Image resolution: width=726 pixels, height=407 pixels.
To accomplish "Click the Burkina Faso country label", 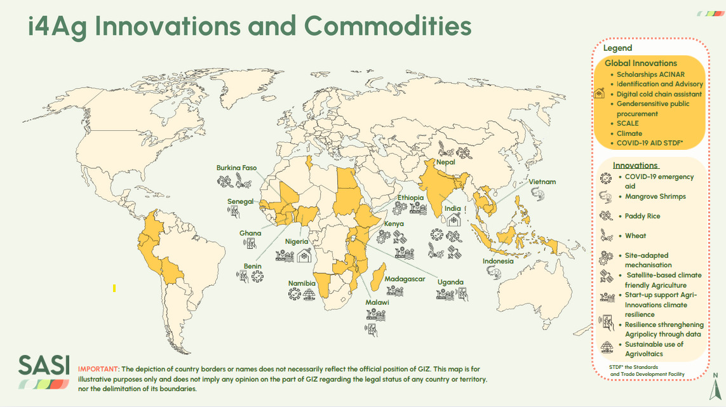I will coord(236,168).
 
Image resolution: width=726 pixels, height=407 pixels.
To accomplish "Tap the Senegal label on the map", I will coord(241,202).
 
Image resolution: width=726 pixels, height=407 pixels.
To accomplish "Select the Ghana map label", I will coord(250,233).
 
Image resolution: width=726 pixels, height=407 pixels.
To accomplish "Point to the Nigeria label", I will coord(297,241).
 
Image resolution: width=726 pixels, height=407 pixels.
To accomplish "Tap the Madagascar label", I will coord(405,279).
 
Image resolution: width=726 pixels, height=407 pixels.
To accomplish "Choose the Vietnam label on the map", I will coord(542,182).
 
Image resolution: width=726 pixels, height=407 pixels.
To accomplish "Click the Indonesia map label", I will coord(498,261).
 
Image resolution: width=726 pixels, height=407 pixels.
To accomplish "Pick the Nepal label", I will coord(445,162).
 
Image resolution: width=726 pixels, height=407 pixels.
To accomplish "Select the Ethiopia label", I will coord(410,197).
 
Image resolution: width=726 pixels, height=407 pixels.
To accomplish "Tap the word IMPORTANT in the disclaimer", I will coord(98,369).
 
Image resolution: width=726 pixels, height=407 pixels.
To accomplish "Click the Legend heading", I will coord(617,48).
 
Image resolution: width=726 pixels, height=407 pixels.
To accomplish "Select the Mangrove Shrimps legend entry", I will coord(655,197).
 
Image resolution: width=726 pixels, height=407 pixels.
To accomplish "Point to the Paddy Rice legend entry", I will coord(643,217).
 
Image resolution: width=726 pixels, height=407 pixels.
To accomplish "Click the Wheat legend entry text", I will coord(636,236).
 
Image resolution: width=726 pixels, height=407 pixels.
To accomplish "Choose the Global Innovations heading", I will coord(640,63).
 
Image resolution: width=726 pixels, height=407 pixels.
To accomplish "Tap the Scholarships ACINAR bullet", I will coord(650,74).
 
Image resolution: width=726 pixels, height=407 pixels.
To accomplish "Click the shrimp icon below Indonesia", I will coord(494,272).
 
